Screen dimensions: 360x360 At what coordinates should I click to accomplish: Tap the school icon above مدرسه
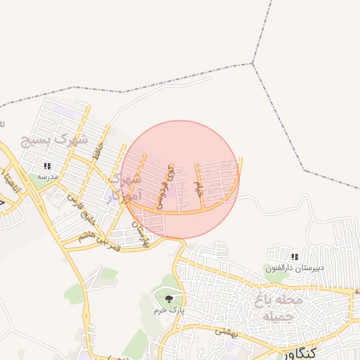coord(47,167)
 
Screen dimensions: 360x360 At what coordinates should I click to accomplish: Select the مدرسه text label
coord(47,177)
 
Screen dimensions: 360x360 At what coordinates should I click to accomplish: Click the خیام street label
coord(200,188)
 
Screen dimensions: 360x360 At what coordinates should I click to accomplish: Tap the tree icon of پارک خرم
coord(167,300)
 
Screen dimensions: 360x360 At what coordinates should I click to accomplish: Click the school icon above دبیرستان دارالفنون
coord(294,257)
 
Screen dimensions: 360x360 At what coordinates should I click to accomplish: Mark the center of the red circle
coord(180,180)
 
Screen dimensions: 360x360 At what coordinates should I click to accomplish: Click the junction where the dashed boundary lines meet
coord(253,64)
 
